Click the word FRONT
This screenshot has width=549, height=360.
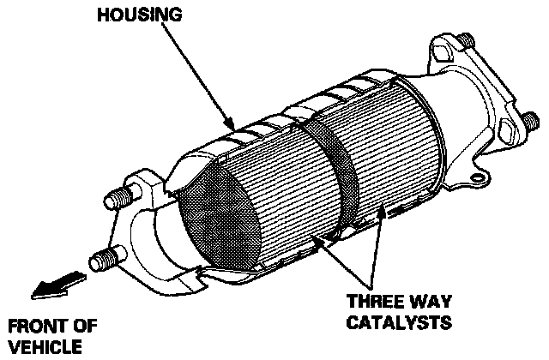(33, 327)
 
